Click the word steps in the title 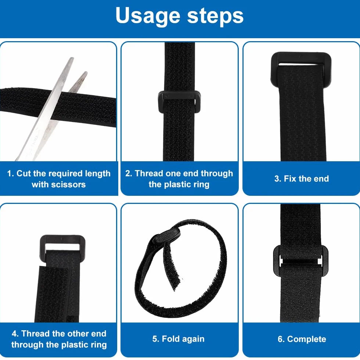[x=215, y=15]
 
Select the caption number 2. [x=128, y=173]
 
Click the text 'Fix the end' [x=306, y=179]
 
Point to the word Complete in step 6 [x=306, y=339]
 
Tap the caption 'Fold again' [x=183, y=339]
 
